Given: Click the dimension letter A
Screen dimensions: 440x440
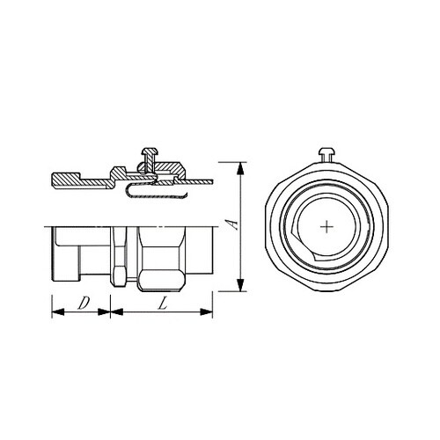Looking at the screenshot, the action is [233, 224].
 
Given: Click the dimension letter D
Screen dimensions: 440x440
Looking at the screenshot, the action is [84, 303].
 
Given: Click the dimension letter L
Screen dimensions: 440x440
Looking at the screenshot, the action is [162, 303].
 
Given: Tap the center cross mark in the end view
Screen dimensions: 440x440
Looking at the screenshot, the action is [326, 227].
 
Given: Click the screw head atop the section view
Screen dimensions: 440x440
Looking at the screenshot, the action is [150, 151].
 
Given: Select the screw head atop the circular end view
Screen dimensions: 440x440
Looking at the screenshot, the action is [326, 151].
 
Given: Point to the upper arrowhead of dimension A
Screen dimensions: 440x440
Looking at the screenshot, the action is [240, 168].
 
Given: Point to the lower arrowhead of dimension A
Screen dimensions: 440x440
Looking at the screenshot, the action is [240, 285].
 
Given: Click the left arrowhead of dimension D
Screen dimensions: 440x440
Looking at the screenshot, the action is [58, 312].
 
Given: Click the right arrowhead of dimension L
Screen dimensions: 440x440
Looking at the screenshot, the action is [206, 312].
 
